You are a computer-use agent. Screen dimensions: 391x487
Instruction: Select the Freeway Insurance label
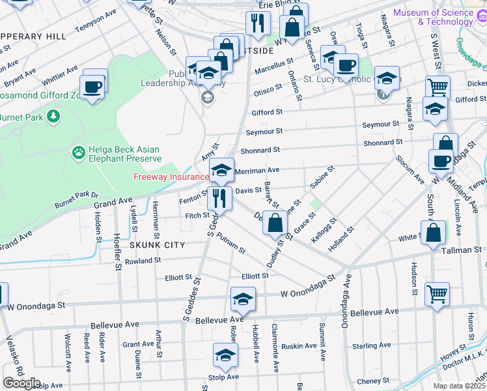click(171, 177)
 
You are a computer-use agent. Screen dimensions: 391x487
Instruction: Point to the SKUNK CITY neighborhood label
click(157, 245)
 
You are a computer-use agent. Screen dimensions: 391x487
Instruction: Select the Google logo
click(21, 383)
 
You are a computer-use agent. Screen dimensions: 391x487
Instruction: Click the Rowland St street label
click(143, 261)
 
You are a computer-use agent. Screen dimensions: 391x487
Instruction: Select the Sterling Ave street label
click(371, 345)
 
